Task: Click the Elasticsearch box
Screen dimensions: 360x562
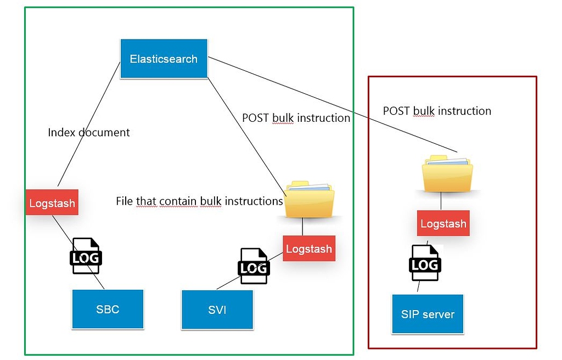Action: [164, 58]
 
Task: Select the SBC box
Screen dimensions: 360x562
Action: [108, 309]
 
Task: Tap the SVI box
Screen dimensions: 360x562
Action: [217, 310]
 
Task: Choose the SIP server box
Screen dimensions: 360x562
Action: [428, 314]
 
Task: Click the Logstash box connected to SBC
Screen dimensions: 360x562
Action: [52, 203]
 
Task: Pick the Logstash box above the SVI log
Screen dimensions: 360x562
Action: [309, 249]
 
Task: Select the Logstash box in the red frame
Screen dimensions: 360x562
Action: [443, 223]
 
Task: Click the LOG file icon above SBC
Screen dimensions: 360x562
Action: [86, 256]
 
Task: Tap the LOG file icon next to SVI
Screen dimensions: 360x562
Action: [254, 267]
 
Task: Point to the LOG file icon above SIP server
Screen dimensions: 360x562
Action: [424, 263]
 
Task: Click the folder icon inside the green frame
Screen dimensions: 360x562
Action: [309, 199]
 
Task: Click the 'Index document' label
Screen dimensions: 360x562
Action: [89, 132]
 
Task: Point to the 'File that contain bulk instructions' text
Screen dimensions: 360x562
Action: [199, 201]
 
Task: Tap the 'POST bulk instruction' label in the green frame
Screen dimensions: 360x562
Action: [296, 118]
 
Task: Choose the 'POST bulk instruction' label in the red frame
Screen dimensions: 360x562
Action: [437, 111]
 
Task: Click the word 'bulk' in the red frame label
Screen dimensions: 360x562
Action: [424, 111]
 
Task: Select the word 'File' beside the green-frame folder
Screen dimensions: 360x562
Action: [125, 201]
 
